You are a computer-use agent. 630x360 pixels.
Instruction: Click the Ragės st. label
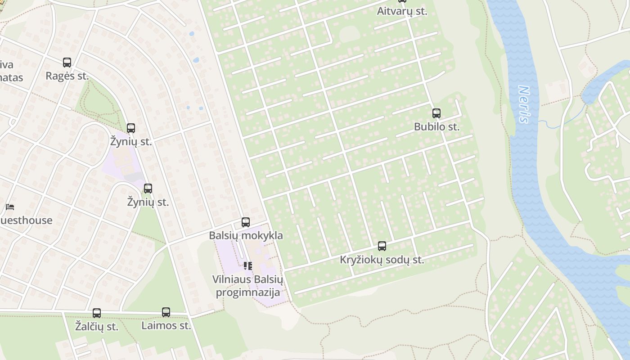pyautogui.click(x=67, y=76)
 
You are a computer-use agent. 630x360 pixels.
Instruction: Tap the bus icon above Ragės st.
pyautogui.click(x=67, y=63)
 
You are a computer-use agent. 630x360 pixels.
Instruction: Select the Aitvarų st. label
pyautogui.click(x=402, y=11)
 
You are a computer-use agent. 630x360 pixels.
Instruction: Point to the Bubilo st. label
pyautogui.click(x=436, y=127)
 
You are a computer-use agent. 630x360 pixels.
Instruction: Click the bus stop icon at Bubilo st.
pyautogui.click(x=436, y=113)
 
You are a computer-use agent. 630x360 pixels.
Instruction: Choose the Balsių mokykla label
pyautogui.click(x=246, y=235)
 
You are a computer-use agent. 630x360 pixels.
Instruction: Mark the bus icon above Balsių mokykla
pyautogui.click(x=246, y=222)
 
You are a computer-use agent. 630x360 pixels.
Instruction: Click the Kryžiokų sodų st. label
pyautogui.click(x=382, y=260)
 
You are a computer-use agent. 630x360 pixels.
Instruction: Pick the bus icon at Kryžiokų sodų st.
pyautogui.click(x=382, y=246)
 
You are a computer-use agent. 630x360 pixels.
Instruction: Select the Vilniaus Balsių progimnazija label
pyautogui.click(x=248, y=286)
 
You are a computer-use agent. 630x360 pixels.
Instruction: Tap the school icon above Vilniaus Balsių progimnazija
pyautogui.click(x=248, y=266)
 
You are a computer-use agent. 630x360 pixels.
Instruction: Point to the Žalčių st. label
pyautogui.click(x=97, y=327)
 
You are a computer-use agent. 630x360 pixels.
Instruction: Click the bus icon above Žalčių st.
pyautogui.click(x=97, y=313)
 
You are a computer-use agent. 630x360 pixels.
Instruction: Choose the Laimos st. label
pyautogui.click(x=166, y=325)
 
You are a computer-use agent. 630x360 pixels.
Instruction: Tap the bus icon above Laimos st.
pyautogui.click(x=166, y=312)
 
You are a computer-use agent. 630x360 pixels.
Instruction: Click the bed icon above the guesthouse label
pyautogui.click(x=10, y=207)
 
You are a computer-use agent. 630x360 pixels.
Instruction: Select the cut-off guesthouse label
pyautogui.click(x=26, y=220)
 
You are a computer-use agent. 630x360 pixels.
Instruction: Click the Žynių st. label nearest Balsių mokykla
pyautogui.click(x=148, y=202)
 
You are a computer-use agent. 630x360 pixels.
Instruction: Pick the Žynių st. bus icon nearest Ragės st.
pyautogui.click(x=131, y=128)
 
